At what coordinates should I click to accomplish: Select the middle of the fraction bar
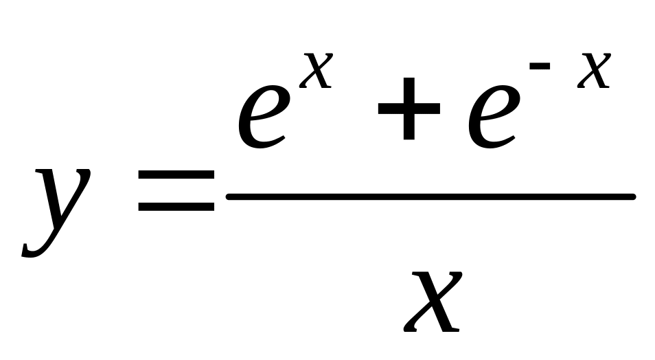[x=431, y=198]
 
